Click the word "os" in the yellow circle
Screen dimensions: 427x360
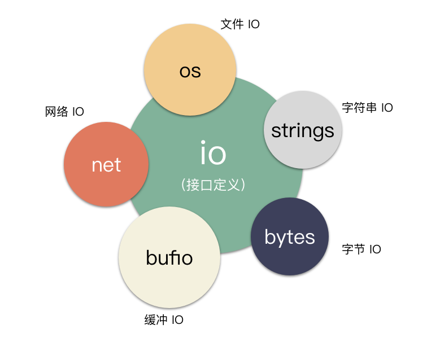click(x=190, y=72)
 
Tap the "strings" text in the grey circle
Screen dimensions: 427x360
click(x=303, y=131)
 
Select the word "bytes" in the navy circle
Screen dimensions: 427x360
click(x=289, y=238)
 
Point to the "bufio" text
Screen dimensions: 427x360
click(x=169, y=258)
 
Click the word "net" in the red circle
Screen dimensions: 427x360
click(x=106, y=165)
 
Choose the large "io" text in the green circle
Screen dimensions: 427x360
click(x=213, y=153)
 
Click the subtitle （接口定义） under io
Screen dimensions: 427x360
click(x=213, y=185)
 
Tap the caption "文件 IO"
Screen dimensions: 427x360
click(x=240, y=24)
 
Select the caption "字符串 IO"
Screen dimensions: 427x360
click(x=367, y=107)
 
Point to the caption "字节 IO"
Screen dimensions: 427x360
click(x=361, y=249)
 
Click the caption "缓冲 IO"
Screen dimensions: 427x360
click(x=164, y=320)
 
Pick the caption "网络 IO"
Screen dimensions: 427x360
click(x=64, y=112)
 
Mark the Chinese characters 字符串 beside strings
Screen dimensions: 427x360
click(x=359, y=107)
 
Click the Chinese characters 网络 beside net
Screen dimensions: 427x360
click(x=56, y=112)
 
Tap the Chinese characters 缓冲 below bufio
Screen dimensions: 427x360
click(x=156, y=320)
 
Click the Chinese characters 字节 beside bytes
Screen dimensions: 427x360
click(x=354, y=249)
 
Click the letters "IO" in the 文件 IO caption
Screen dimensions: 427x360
click(x=254, y=24)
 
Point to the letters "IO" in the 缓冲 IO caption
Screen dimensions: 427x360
click(x=177, y=320)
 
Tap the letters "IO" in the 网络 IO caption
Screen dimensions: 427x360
click(x=78, y=112)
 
